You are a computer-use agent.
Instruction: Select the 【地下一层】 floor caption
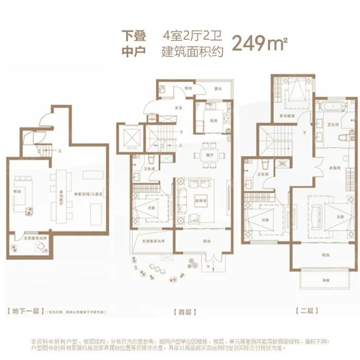point(24,311)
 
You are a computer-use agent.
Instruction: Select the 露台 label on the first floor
point(218,89)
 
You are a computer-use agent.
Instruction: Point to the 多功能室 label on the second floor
point(287,117)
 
